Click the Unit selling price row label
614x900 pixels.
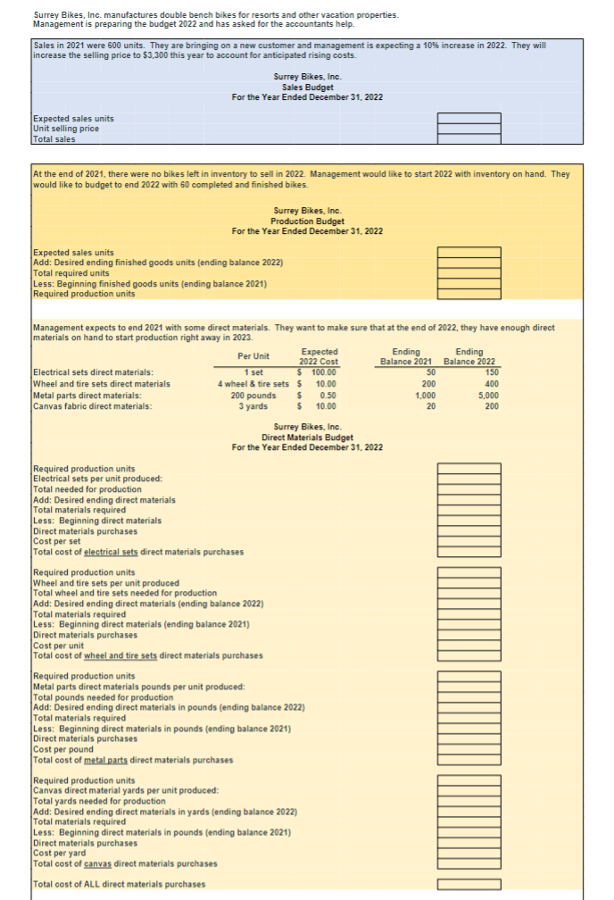tap(65, 129)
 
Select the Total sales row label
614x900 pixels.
tap(54, 138)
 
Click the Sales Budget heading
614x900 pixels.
tap(307, 87)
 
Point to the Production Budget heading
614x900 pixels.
tap(307, 221)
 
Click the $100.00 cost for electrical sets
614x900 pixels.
tap(319, 372)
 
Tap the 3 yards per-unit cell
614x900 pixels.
tap(253, 406)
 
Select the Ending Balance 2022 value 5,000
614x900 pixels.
tap(486, 395)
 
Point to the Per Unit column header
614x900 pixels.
tap(253, 356)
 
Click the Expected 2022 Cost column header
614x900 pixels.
tap(319, 356)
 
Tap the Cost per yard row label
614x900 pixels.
tap(59, 853)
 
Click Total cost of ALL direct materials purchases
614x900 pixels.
tap(119, 884)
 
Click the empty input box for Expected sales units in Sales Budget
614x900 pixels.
tap(469, 119)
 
